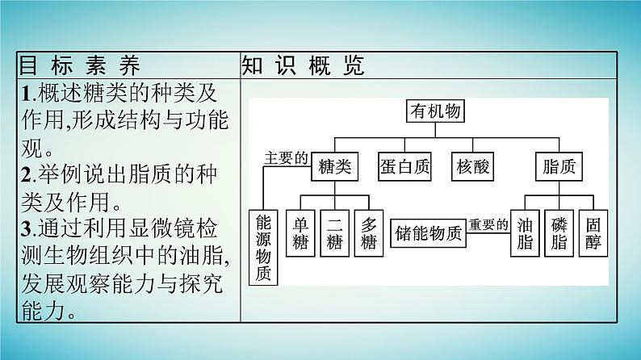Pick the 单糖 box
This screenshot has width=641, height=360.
coord(301,235)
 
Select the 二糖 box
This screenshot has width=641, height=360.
coord(335,235)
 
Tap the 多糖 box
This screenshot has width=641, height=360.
coord(369,235)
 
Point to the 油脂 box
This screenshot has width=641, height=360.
coord(525,235)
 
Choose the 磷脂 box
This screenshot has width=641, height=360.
coord(559,235)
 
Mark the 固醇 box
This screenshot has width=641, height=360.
coord(593,235)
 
